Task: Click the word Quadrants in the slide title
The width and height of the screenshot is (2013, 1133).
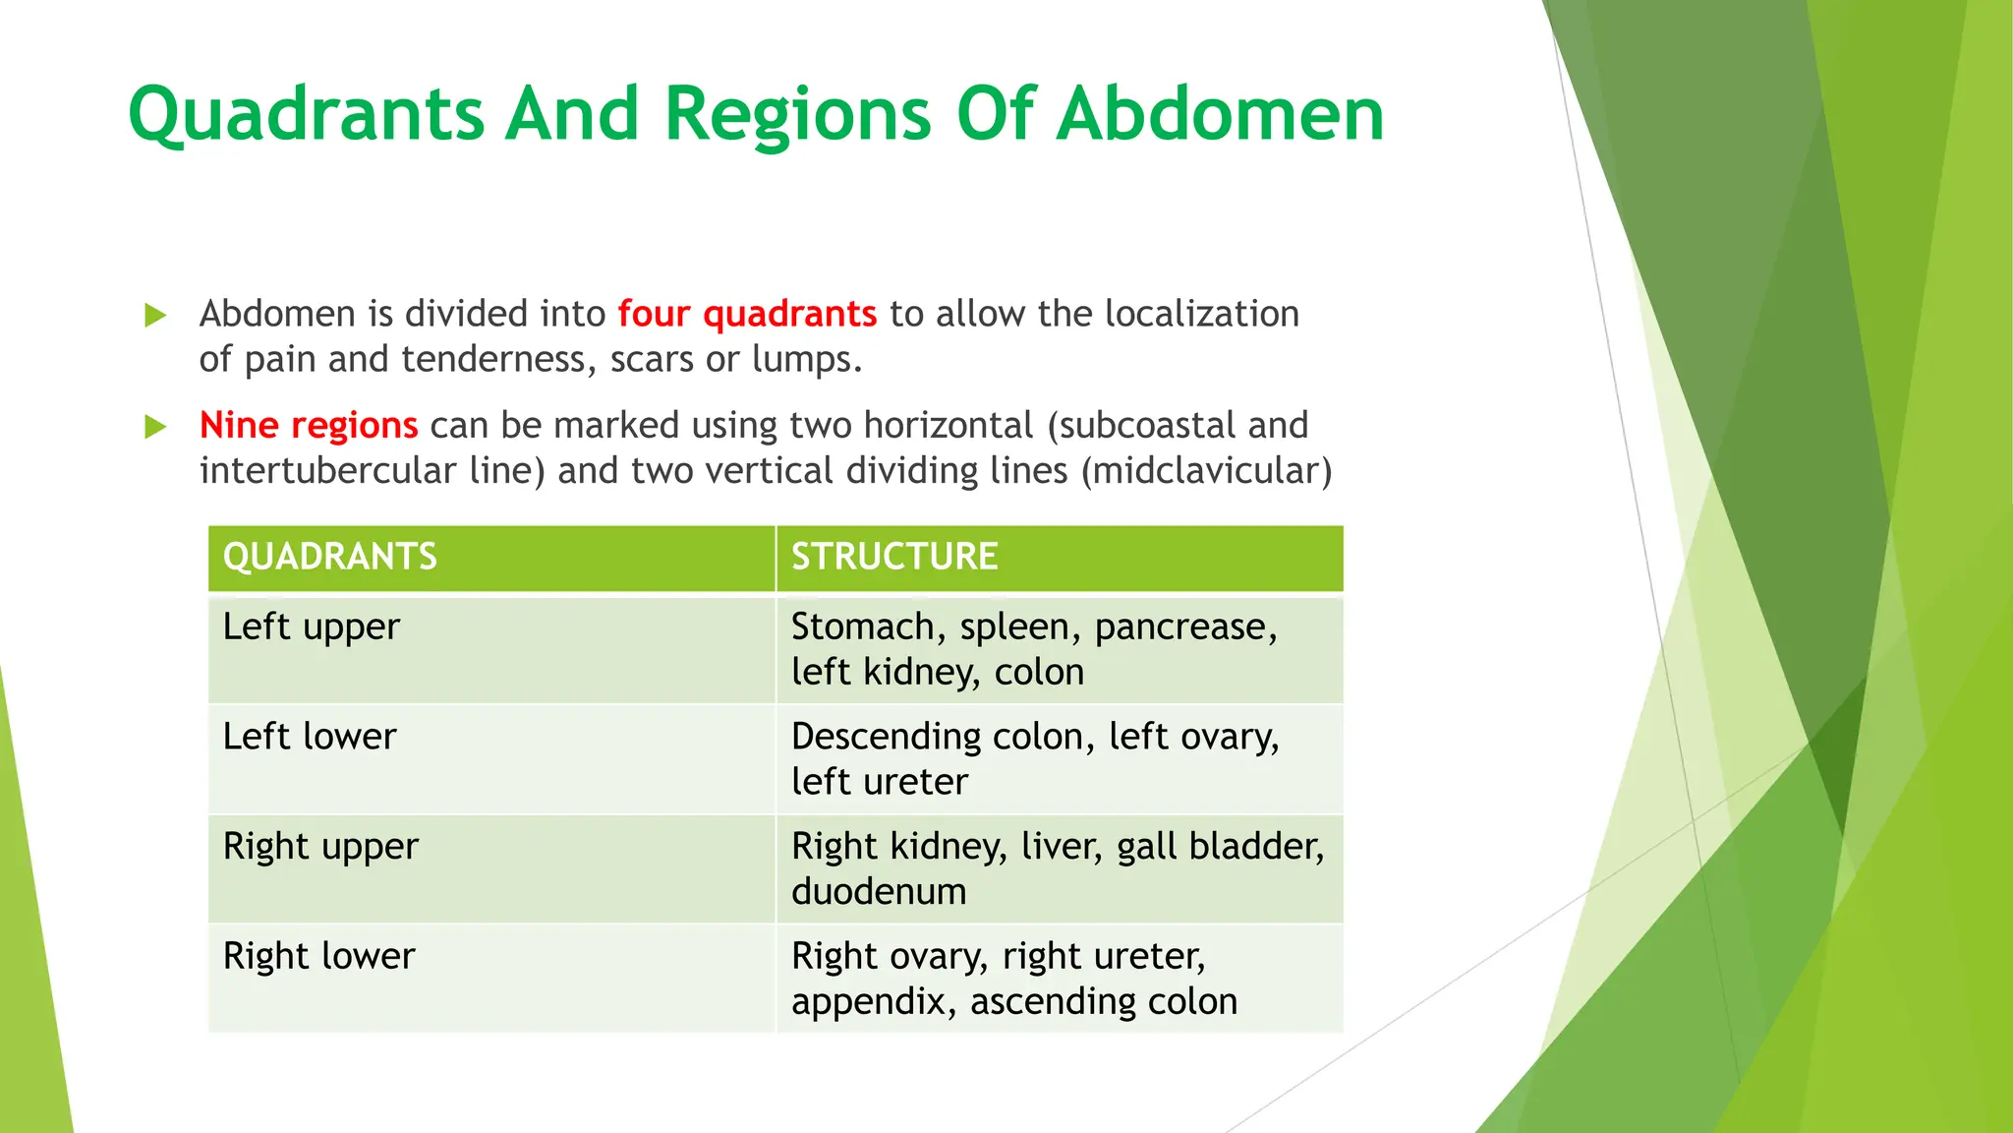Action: [x=307, y=115]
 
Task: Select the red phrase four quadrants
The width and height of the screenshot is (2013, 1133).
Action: [x=747, y=314]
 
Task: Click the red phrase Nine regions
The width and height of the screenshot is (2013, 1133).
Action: [x=309, y=425]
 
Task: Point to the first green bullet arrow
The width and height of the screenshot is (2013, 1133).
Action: [x=155, y=316]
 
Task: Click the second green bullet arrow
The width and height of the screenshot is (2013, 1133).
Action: [x=155, y=427]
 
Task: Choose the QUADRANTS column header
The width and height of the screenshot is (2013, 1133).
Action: [x=330, y=557]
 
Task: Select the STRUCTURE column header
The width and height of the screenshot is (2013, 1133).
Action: [x=894, y=557]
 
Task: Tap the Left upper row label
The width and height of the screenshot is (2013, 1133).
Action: [x=312, y=627]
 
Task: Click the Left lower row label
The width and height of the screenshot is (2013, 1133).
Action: [x=310, y=737]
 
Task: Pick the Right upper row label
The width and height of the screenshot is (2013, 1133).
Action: [x=320, y=847]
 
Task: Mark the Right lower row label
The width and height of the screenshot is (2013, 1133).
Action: [x=319, y=956]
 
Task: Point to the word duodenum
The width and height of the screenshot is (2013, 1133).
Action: [x=879, y=892]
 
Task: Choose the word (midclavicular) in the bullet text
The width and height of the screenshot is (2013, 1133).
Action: [x=1207, y=471]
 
